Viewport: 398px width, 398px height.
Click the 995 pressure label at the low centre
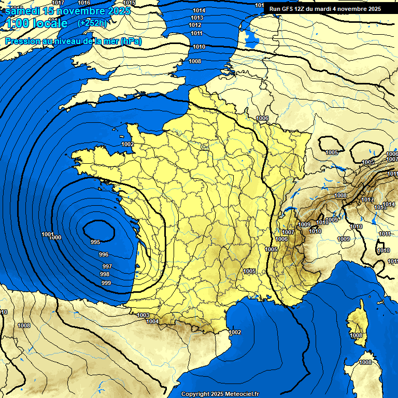(95, 242)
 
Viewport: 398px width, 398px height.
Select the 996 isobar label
(104, 254)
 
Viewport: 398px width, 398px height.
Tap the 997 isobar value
(107, 266)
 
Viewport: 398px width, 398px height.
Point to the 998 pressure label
(105, 274)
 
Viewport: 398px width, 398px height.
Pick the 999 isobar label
(106, 283)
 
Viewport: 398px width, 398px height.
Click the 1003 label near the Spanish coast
(143, 315)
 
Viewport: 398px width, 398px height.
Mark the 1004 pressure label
(152, 321)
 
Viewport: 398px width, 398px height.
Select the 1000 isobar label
(55, 237)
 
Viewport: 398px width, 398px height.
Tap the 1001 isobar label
(47, 234)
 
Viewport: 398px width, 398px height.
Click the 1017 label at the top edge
(59, 3)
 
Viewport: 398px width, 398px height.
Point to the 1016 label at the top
(84, 3)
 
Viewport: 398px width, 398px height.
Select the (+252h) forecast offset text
(92, 23)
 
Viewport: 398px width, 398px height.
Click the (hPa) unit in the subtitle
(131, 41)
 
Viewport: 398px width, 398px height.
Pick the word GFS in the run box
(291, 9)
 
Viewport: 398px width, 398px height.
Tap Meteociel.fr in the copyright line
(239, 394)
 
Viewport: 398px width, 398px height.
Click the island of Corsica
(357, 324)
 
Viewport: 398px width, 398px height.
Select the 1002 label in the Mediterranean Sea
(235, 332)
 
